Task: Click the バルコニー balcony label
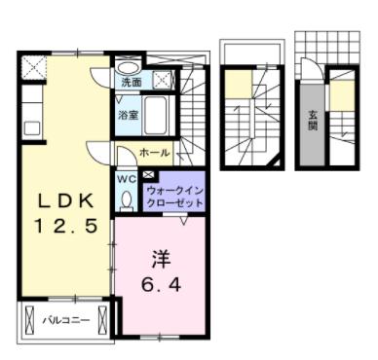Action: [66, 317]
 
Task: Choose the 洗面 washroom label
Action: [132, 83]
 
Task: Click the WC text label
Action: [128, 179]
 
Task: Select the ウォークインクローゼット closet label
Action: [175, 198]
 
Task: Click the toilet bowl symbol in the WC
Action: [128, 199]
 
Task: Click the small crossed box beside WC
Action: [147, 175]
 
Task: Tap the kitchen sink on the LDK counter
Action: [30, 126]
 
